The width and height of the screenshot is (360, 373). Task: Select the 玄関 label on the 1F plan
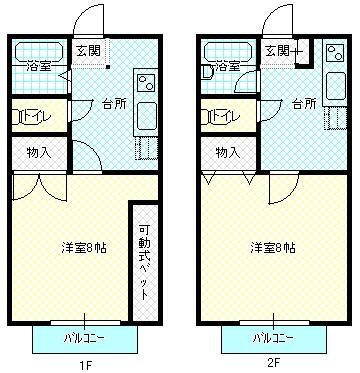(87, 48)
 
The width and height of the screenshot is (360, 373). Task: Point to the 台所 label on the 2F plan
(303, 102)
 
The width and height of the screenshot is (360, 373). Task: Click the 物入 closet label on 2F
(228, 152)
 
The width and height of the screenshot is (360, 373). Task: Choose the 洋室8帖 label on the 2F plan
(272, 247)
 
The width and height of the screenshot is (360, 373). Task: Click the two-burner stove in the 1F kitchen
(144, 83)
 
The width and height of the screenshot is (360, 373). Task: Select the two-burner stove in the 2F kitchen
(334, 83)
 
